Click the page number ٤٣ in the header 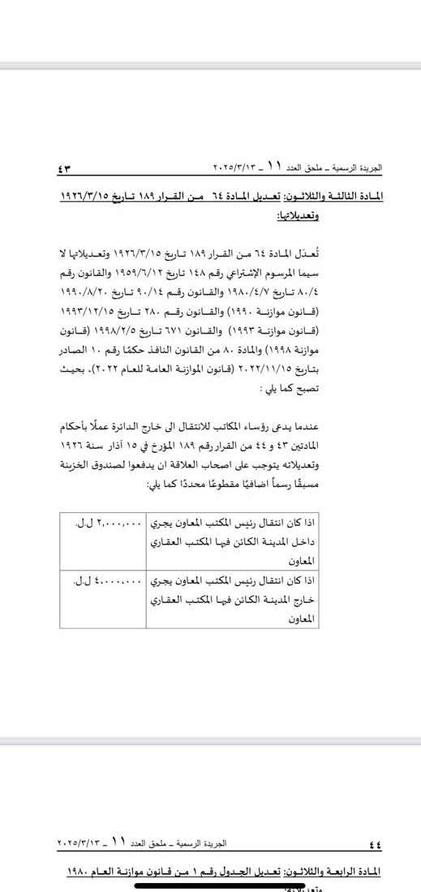(x=65, y=169)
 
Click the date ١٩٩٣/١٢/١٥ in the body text (x=89, y=309)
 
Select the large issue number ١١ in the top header (x=273, y=166)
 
